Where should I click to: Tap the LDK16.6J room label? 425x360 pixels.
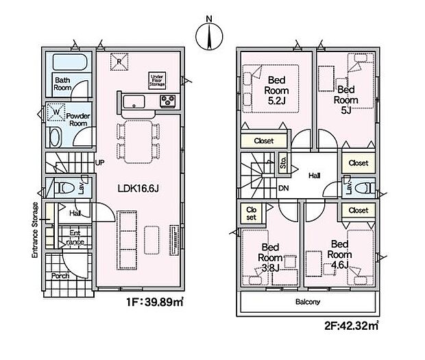pyautogui.click(x=138, y=189)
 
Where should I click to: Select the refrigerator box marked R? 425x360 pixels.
pyautogui.click(x=119, y=62)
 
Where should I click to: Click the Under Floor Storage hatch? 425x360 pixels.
pyautogui.click(x=157, y=80)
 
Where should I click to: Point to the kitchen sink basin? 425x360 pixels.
pyautogui.click(x=134, y=101)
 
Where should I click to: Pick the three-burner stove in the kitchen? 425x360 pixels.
pyautogui.click(x=168, y=101)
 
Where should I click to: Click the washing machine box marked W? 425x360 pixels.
pyautogui.click(x=56, y=112)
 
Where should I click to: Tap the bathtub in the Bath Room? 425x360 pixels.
pyautogui.click(x=70, y=62)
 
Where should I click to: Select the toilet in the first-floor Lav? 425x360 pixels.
pyautogui.click(x=64, y=188)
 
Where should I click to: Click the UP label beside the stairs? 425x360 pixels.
pyautogui.click(x=99, y=163)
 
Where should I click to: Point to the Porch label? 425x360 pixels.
pyautogui.click(x=60, y=276)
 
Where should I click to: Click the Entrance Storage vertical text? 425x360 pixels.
pyautogui.click(x=35, y=230)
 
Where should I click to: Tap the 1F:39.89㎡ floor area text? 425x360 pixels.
pyautogui.click(x=155, y=302)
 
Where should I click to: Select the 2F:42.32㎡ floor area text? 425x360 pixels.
pyautogui.click(x=351, y=325)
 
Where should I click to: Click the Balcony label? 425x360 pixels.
pyautogui.click(x=308, y=302)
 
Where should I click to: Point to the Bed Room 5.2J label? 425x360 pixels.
pyautogui.click(x=276, y=91)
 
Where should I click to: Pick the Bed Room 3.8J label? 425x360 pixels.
pyautogui.click(x=270, y=258)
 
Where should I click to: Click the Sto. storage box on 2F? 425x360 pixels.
pyautogui.click(x=282, y=163)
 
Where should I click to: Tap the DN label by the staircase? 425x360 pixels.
pyautogui.click(x=284, y=188)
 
